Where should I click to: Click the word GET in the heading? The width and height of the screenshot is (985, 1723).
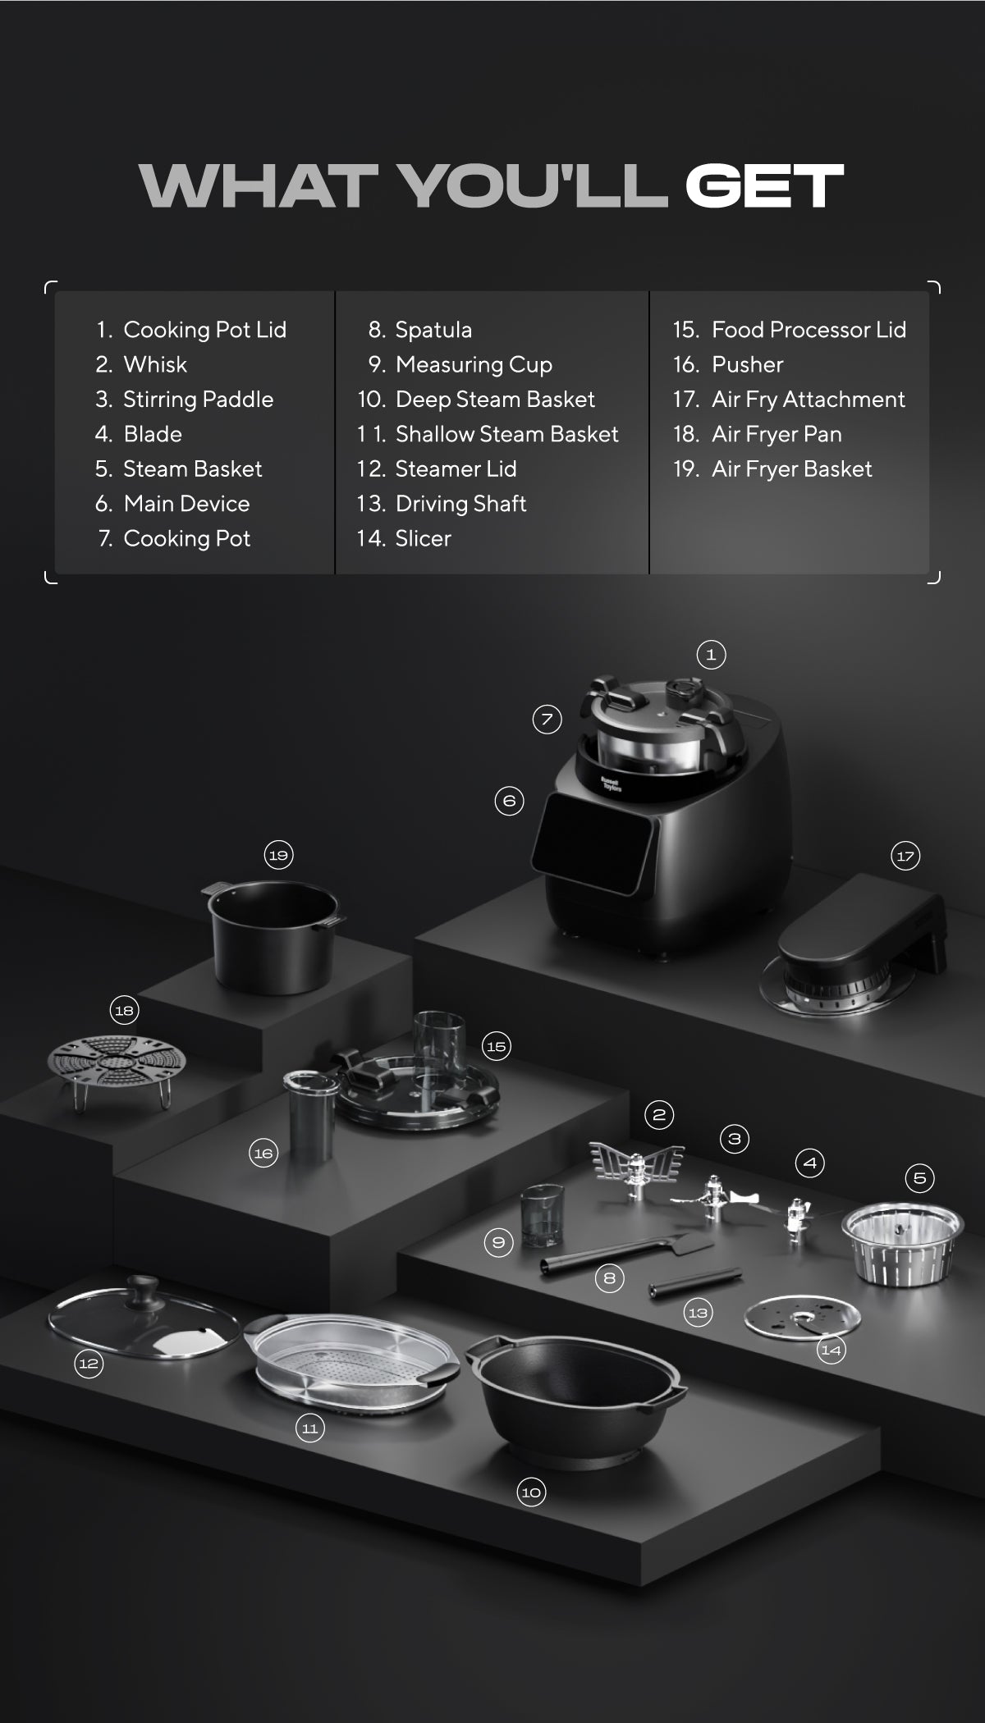click(764, 185)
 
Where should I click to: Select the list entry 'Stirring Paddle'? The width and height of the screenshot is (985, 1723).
click(198, 400)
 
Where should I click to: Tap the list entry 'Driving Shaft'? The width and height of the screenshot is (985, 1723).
click(460, 504)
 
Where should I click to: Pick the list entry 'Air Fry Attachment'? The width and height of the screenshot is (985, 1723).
click(809, 400)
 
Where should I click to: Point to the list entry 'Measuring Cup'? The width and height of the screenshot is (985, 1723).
click(474, 365)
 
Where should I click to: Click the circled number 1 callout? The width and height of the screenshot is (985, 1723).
click(711, 655)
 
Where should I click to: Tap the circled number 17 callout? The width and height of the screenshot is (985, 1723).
click(905, 857)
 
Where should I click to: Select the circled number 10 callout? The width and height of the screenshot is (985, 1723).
click(531, 1492)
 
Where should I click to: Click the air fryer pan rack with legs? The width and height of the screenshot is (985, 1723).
click(117, 1070)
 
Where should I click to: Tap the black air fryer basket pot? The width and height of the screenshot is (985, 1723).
click(273, 935)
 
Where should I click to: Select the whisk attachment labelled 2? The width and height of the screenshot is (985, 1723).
click(637, 1168)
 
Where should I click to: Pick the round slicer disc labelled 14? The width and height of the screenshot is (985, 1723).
click(802, 1318)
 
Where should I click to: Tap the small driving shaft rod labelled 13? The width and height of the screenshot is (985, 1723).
click(695, 1282)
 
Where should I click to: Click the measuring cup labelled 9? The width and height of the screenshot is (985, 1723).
click(541, 1215)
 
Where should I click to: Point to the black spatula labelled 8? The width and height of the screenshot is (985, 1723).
click(626, 1253)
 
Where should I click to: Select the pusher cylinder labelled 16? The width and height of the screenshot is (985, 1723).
click(309, 1115)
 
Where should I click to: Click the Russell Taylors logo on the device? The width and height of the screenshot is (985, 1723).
click(611, 784)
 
